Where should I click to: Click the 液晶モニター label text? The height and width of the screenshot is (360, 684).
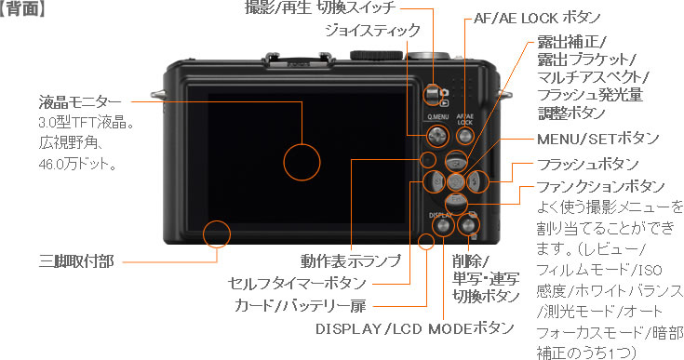(x=80, y=102)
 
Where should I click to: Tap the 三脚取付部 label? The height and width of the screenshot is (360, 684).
(x=76, y=261)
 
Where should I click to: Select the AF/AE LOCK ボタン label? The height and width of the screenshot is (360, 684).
(x=538, y=18)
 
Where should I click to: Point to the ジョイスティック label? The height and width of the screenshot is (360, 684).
(x=372, y=31)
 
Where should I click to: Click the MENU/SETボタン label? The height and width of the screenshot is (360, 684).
(x=597, y=139)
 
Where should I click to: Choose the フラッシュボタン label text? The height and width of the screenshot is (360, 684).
(x=587, y=165)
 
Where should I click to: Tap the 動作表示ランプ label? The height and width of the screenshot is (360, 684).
(x=350, y=260)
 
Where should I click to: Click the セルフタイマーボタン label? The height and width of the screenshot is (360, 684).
(x=297, y=284)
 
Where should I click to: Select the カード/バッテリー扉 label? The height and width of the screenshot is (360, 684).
(x=300, y=305)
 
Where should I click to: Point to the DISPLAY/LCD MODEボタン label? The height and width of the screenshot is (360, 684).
(x=414, y=328)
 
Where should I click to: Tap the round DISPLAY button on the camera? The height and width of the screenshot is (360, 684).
(x=442, y=225)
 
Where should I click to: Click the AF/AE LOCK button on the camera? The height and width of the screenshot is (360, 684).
(x=464, y=136)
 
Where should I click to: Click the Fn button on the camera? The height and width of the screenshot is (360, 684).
(x=456, y=201)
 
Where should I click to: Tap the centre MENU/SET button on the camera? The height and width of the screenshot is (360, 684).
(x=456, y=180)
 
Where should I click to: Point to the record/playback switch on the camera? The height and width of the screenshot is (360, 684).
(x=432, y=94)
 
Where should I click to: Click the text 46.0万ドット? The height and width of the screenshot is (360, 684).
(x=76, y=165)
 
